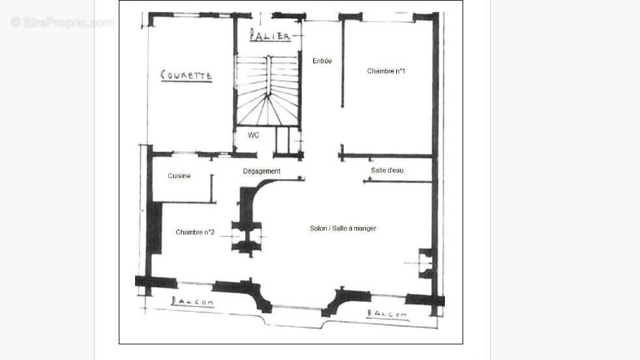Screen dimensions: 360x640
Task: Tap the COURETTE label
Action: tap(187, 76)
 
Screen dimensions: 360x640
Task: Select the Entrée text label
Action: tap(322, 61)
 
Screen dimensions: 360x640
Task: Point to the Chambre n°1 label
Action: tap(386, 71)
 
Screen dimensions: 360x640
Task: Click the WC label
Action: tap(254, 136)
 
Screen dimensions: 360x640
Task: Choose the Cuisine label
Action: tap(179, 176)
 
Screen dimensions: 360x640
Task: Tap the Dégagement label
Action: tap(262, 172)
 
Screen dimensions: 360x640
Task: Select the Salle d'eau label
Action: tap(388, 170)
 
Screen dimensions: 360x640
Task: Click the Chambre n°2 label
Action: tap(196, 232)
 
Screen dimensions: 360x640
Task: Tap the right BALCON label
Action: tap(386, 314)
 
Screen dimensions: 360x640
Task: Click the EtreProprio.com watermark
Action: tap(63, 23)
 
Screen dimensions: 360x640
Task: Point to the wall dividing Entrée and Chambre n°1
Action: tap(343, 65)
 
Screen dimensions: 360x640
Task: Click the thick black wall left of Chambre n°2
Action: tap(154, 228)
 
